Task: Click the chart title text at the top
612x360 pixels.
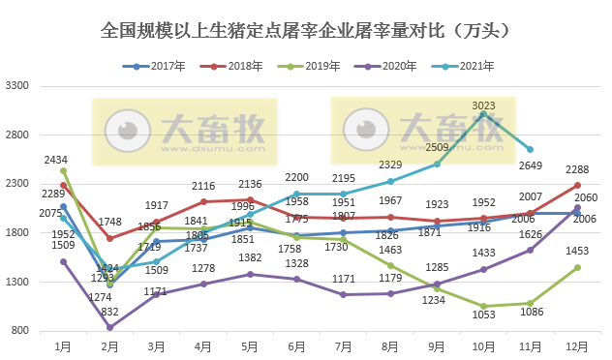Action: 305,31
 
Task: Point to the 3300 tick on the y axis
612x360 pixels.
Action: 17,85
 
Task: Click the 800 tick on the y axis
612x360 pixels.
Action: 20,331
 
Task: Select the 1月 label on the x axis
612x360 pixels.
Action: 63,345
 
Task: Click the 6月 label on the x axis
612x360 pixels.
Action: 296,345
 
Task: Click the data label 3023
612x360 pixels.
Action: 484,105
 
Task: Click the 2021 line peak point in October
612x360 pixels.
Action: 483,114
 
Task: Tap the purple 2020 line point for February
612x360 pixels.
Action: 109,327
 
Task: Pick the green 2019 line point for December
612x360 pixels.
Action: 577,267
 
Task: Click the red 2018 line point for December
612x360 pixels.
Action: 577,185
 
